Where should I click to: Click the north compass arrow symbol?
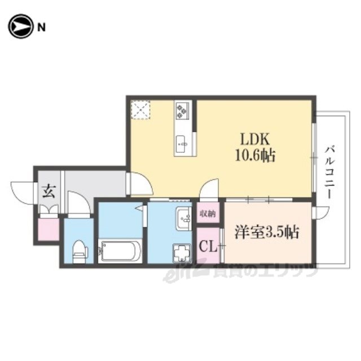(x=20, y=27)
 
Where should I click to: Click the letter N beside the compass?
(x=41, y=28)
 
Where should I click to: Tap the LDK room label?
(x=255, y=139)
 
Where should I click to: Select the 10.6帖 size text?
(x=255, y=156)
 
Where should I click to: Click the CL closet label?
(x=208, y=247)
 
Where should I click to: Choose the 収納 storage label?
(x=208, y=214)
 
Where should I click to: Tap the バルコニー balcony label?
(x=329, y=172)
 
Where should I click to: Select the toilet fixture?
(x=79, y=252)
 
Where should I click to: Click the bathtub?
(x=120, y=252)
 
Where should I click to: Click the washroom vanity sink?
(x=184, y=218)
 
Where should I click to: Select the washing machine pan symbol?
(x=182, y=253)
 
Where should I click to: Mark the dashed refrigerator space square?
(x=140, y=109)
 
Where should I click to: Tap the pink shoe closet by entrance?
(x=49, y=230)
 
